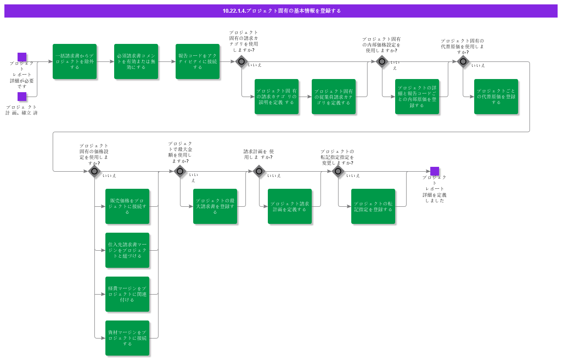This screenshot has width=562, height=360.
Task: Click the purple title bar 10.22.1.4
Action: pos(281,11)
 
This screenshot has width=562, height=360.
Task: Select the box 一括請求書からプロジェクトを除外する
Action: pos(75,61)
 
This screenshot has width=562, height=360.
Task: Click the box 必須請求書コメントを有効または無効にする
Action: pos(136,61)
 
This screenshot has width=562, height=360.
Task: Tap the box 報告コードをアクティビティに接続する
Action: pos(198,61)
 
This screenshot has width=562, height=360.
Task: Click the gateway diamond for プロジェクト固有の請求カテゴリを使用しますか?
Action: pos(241,61)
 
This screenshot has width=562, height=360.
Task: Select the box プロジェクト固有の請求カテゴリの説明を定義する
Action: pos(277,97)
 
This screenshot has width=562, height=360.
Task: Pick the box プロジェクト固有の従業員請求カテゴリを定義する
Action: pos(334,97)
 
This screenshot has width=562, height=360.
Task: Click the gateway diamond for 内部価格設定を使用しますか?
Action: pos(382,61)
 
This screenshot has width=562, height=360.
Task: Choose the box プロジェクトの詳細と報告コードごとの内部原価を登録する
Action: pos(417,97)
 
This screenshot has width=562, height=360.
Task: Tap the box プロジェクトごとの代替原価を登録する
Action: pos(496,97)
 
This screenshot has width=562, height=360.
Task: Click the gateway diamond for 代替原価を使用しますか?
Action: pos(463,61)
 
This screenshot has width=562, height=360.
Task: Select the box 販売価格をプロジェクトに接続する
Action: pos(127,206)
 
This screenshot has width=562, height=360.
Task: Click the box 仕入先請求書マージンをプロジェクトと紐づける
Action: pos(127,250)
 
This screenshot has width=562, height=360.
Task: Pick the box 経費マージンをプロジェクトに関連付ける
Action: pos(127,294)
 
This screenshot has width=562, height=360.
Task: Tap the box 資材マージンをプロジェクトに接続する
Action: pos(127,338)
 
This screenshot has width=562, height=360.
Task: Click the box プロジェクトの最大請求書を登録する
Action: pos(215,206)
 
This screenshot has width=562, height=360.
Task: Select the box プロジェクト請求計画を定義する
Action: pos(290,206)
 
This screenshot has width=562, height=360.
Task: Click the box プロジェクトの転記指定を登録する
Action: pos(373,206)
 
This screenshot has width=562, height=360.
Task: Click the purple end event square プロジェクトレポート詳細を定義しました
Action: pos(435,171)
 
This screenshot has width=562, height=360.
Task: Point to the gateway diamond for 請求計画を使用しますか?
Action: pos(259,171)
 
